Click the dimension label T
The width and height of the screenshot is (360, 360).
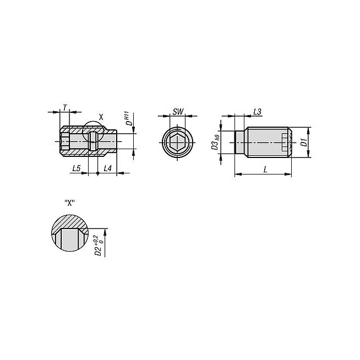coord(65,107)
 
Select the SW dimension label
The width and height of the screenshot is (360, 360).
coord(178,112)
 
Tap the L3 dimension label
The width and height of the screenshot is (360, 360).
coord(257,112)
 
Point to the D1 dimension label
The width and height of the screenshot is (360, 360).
coord(304,143)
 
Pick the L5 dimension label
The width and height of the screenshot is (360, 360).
coord(77,168)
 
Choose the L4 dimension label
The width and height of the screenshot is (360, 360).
coord(107,168)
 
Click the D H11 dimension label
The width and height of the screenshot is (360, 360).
coord(128,119)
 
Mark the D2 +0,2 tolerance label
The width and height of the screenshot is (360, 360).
coord(99,245)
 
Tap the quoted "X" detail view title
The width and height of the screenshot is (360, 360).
coord(69,203)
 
